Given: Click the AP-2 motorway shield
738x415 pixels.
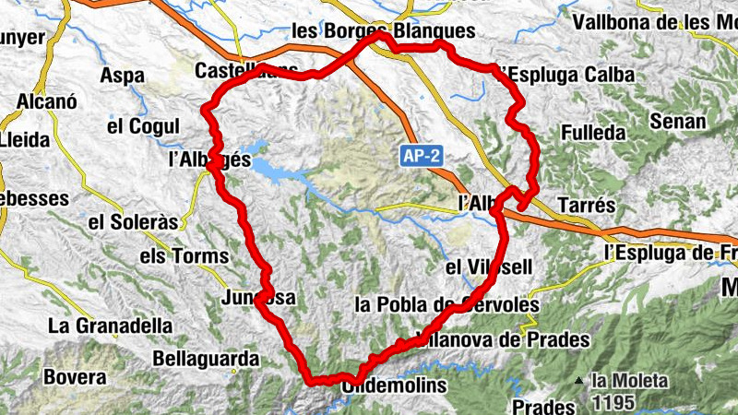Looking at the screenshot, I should (x=422, y=156).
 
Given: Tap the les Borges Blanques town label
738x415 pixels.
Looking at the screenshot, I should (x=383, y=30).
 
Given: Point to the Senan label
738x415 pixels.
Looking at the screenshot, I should (x=678, y=121).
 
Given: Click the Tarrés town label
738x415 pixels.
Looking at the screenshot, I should (x=585, y=204).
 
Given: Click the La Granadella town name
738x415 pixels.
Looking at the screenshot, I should (x=111, y=325).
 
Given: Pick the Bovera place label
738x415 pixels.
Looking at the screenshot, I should (x=76, y=376).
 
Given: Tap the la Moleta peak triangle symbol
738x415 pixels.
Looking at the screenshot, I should (x=578, y=380).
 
